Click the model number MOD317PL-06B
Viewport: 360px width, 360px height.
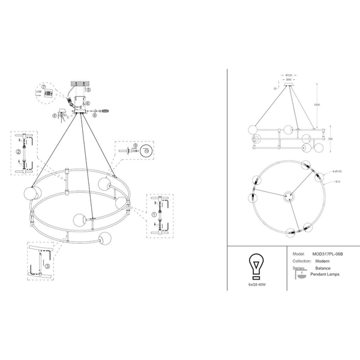pyautogui.click(x=327, y=254)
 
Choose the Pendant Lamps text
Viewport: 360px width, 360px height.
pyautogui.click(x=325, y=275)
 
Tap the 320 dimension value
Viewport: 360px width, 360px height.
pyautogui.click(x=331, y=139)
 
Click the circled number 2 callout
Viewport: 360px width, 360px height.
pyautogui.click(x=19, y=152)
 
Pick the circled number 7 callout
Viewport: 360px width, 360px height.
pyautogui.click(x=44, y=88)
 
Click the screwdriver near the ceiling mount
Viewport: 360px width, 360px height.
pyautogui.click(x=105, y=110)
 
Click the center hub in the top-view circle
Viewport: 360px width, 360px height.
pyautogui.click(x=287, y=194)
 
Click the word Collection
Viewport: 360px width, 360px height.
pyautogui.click(x=300, y=261)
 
